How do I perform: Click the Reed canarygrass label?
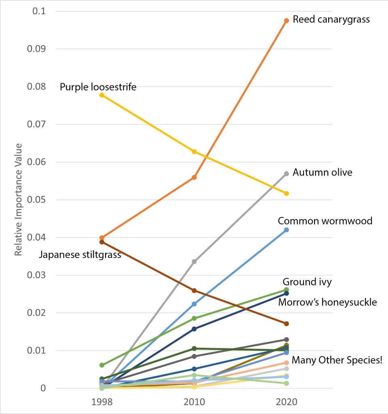point(331,19)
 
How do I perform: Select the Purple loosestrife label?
point(98,87)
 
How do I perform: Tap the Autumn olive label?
point(322,173)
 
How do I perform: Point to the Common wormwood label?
point(325,221)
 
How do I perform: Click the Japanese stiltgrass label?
point(80,255)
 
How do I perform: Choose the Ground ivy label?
point(307,282)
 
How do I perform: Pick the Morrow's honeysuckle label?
point(327,302)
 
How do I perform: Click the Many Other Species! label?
point(337,360)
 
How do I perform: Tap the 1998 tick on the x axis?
point(101,402)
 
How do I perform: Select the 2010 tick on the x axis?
point(194,402)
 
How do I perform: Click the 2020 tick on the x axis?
point(286,402)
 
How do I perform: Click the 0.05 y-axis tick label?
point(37,200)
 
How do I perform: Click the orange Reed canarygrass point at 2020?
point(286,21)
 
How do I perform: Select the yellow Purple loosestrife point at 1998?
point(102,95)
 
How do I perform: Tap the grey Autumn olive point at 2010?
point(194,262)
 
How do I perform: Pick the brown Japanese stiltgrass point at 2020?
point(286,324)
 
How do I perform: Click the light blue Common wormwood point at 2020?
point(286,230)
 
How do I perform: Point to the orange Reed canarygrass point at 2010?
point(194,177)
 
